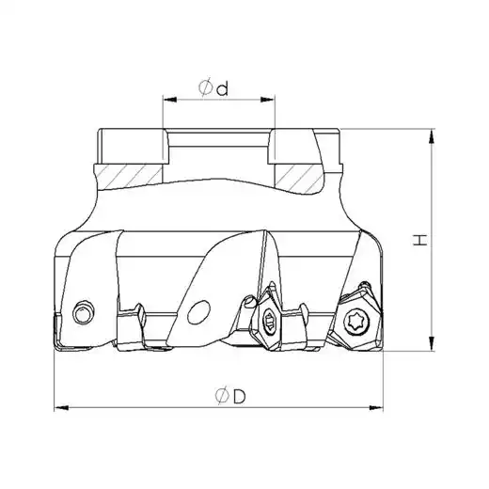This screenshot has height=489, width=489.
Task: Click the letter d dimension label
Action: [223, 89]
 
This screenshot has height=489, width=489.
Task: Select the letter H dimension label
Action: [420, 240]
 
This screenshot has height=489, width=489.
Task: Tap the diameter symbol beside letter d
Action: [205, 87]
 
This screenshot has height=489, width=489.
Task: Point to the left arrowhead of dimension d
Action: [169, 100]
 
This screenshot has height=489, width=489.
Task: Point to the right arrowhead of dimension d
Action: [268, 100]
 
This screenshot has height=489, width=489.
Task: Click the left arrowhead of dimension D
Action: [61, 408]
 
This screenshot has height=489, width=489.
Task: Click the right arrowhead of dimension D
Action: [376, 408]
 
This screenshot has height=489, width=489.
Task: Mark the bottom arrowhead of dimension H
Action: [432, 343]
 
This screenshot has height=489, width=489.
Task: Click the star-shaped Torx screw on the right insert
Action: [355, 322]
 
